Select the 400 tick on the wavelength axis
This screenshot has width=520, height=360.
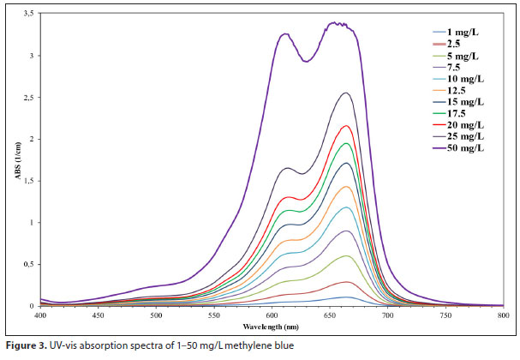pyautogui.click(x=40, y=315)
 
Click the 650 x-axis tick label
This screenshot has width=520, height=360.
pyautogui.click(x=330, y=315)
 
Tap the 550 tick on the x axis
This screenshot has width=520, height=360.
pyautogui.click(x=214, y=315)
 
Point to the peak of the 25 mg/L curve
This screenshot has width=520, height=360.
pyautogui.click(x=345, y=93)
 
